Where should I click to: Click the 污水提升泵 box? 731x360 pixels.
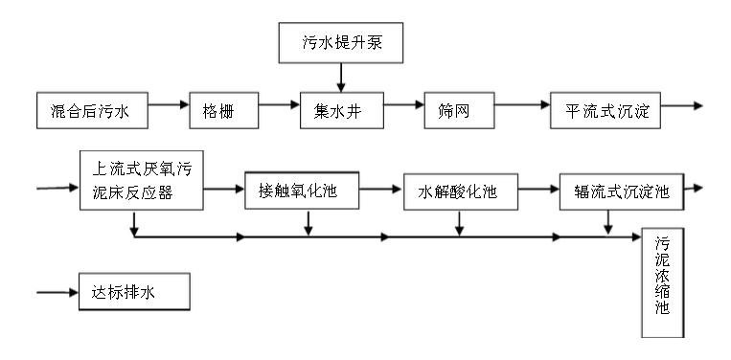point(340,43)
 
